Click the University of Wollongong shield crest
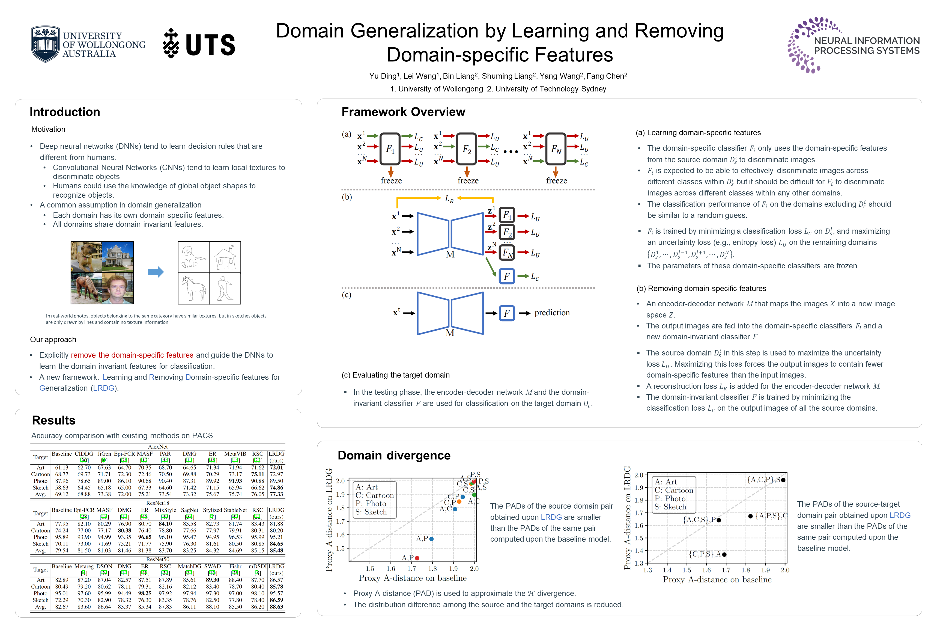pos(45,44)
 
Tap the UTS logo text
pos(210,44)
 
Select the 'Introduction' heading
pos(65,112)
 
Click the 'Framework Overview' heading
pos(403,112)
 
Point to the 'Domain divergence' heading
pos(394,455)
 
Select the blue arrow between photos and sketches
pos(156,272)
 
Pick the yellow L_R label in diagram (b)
pos(449,198)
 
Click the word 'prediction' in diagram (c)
pos(552,313)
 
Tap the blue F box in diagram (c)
pos(507,313)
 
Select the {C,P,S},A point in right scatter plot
pos(724,555)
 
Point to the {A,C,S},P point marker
pos(719,520)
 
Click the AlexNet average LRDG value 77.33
pos(276,494)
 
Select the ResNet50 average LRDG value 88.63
pos(276,607)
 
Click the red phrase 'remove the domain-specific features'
pos(132,355)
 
